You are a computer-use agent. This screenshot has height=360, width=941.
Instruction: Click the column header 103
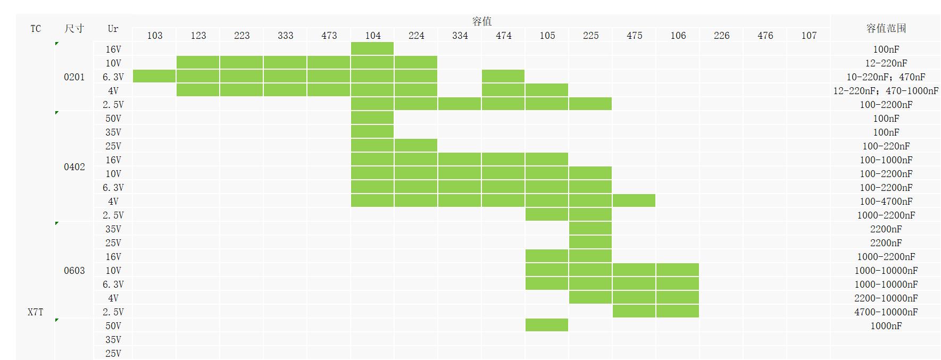(155, 36)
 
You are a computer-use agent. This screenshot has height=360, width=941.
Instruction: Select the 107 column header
(809, 36)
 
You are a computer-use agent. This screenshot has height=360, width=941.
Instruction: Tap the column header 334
(460, 36)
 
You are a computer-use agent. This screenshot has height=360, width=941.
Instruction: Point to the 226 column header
(721, 36)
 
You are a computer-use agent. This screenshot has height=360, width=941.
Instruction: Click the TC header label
(36, 29)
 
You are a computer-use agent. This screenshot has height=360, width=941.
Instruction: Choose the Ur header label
(113, 29)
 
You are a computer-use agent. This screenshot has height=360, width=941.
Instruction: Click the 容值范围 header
(886, 29)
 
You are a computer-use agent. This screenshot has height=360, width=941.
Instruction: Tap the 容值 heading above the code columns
(482, 21)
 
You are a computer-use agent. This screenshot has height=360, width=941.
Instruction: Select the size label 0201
(74, 77)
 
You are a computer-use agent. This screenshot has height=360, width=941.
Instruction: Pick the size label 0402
(74, 167)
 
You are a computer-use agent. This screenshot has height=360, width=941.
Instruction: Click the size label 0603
(74, 271)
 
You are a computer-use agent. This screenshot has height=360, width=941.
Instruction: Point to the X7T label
(36, 312)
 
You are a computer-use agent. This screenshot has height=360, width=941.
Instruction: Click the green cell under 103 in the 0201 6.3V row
(154, 77)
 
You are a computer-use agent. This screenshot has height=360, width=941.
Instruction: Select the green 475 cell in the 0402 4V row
(634, 201)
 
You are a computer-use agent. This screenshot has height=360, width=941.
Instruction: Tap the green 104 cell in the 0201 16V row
(372, 49)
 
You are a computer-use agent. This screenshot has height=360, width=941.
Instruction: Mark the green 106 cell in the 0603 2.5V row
(678, 312)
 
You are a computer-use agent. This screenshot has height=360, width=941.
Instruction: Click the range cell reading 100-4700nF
(886, 202)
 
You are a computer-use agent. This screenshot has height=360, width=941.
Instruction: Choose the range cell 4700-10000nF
(886, 312)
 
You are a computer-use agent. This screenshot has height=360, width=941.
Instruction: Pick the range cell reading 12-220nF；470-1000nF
(886, 91)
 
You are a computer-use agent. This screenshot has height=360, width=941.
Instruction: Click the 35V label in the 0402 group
(113, 132)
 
